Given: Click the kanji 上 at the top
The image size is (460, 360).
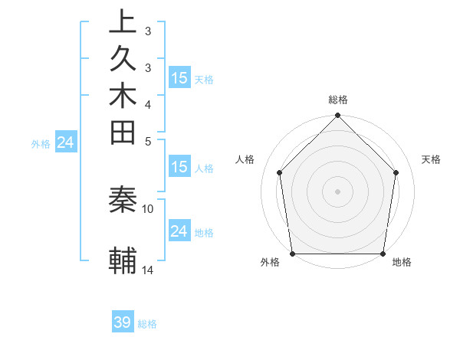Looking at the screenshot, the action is coord(123,21).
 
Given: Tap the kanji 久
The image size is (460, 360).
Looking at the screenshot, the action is coord(123,60).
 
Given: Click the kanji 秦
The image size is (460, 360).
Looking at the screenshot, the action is coord(123,201).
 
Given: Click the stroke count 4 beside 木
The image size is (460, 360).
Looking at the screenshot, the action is coord(147,104).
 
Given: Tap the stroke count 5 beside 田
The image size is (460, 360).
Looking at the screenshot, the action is coord(147,141).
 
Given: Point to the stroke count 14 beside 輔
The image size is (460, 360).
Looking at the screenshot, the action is coord(148,270).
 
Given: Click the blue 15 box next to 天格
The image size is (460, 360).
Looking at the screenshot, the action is coord(179,77).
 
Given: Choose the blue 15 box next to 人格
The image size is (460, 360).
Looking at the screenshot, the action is coord(179,168).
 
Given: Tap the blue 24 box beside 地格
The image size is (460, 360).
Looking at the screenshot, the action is coord(179,231).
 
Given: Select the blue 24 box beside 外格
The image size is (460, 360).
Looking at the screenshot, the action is coord(66,142).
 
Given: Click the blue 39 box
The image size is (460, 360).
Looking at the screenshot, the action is coord(123,322).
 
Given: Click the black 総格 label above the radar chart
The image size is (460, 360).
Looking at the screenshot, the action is coord(338,100).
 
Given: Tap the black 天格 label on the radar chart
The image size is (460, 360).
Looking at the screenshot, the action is coord(431,159).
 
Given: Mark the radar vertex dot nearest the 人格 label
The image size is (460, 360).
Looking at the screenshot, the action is coord(280,172).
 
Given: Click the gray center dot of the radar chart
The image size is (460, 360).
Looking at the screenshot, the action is coord(338,191).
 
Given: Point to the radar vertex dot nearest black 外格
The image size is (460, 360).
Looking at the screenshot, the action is coord(293,254).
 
